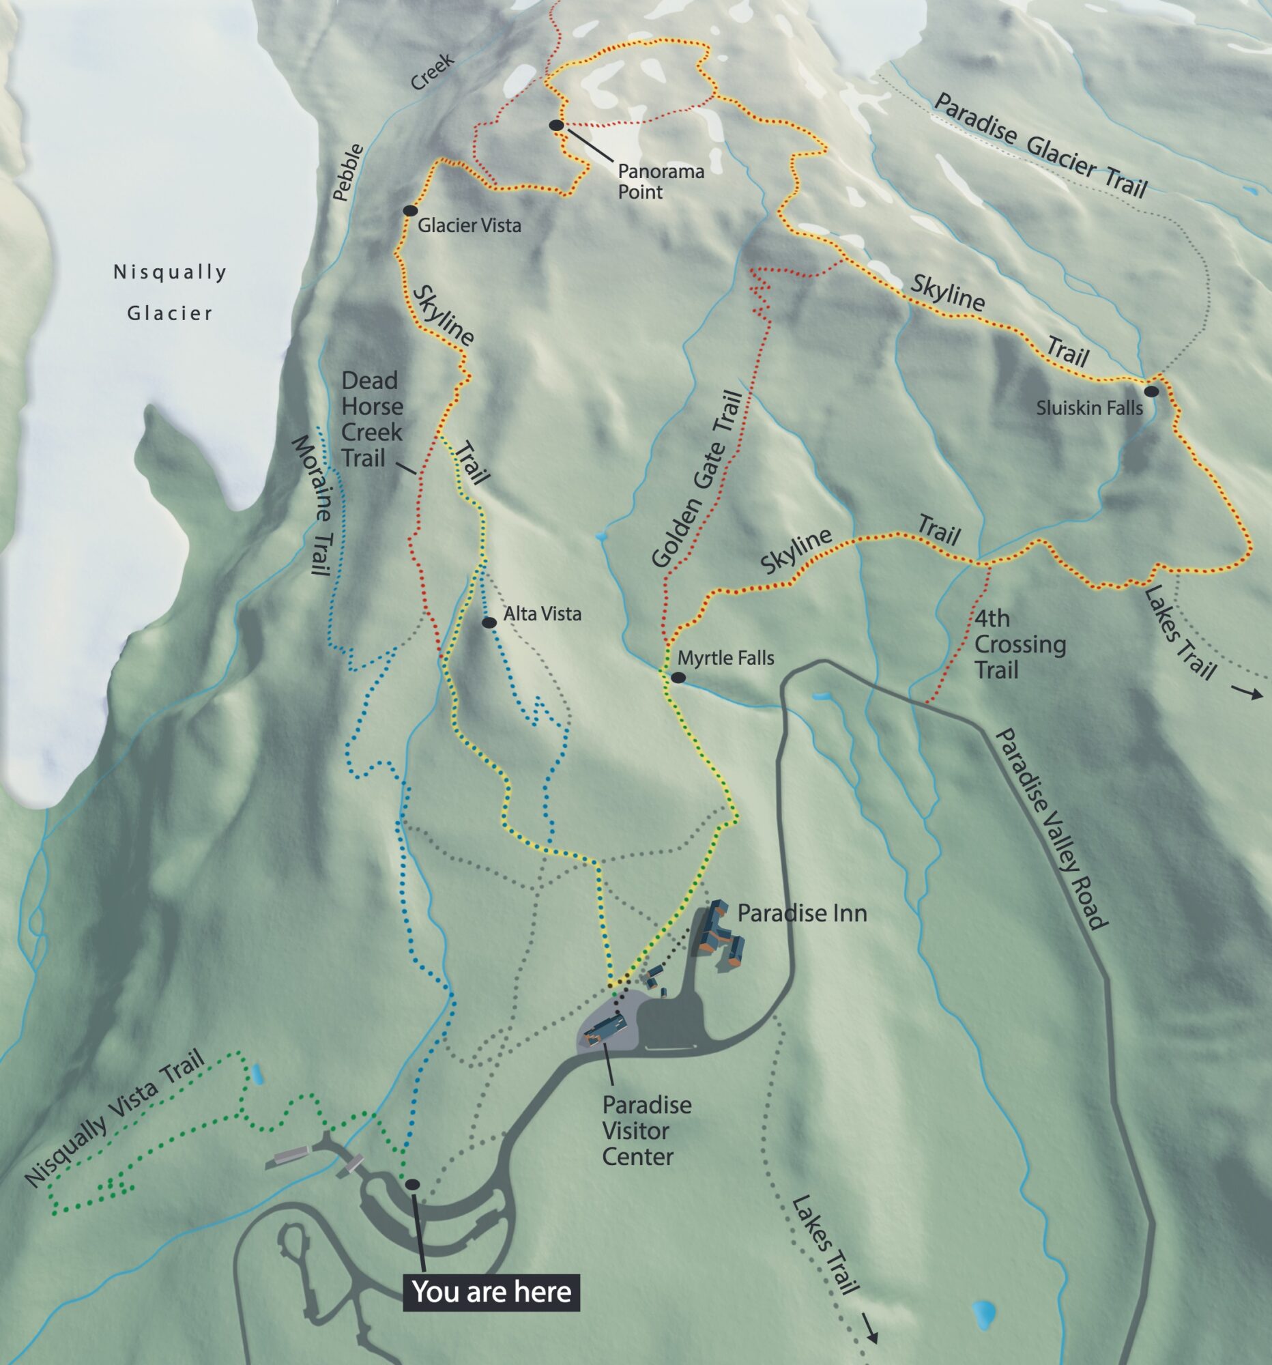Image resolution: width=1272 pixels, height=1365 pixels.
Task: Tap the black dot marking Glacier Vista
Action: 410,210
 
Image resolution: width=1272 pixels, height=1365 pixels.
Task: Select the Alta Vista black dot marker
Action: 489,622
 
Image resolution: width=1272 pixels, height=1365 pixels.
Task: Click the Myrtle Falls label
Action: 725,659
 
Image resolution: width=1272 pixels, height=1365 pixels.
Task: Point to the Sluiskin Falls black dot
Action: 1151,391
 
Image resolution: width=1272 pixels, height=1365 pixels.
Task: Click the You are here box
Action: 491,1291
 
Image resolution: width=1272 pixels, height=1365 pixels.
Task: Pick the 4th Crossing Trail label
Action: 1020,644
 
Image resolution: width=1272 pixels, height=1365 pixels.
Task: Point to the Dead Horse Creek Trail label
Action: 371,419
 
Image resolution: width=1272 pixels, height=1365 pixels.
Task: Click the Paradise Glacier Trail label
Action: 1040,146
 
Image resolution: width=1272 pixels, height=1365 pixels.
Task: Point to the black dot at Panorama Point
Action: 557,125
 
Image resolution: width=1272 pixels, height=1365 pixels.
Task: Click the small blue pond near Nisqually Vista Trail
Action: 257,1074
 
